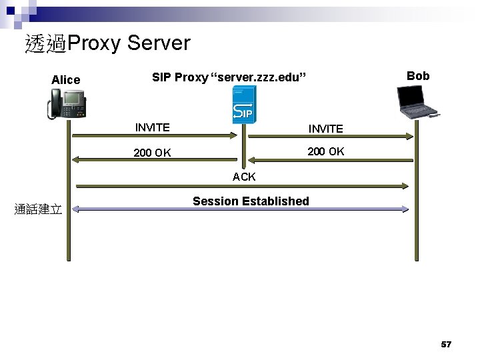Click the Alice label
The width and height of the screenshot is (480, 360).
click(x=65, y=80)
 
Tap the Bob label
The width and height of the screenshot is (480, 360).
click(x=418, y=76)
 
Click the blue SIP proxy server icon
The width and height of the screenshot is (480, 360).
click(x=242, y=107)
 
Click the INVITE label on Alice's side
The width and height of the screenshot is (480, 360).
click(x=152, y=127)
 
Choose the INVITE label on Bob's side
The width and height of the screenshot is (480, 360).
click(x=325, y=129)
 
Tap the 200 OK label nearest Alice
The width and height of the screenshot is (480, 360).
click(x=152, y=153)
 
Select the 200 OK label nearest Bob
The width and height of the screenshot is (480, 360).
click(x=325, y=151)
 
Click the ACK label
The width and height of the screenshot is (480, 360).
click(x=244, y=177)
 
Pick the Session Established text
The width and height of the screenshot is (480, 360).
click(x=251, y=201)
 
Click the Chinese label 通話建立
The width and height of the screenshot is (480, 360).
click(x=39, y=210)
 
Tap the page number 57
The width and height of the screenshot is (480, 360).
click(x=446, y=345)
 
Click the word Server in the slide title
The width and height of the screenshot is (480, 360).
click(x=158, y=44)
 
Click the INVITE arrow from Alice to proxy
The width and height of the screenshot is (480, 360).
click(x=153, y=136)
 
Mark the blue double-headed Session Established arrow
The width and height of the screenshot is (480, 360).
click(x=240, y=209)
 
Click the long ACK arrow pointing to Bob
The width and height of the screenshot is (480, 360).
click(x=240, y=186)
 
